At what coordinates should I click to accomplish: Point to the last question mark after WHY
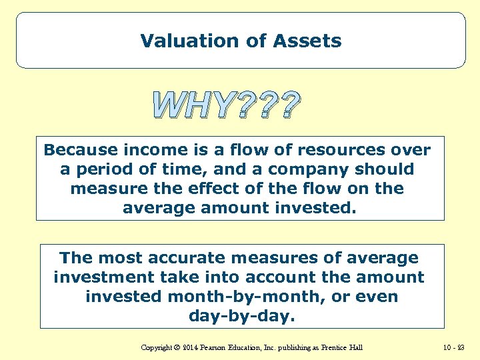[x=287, y=106]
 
